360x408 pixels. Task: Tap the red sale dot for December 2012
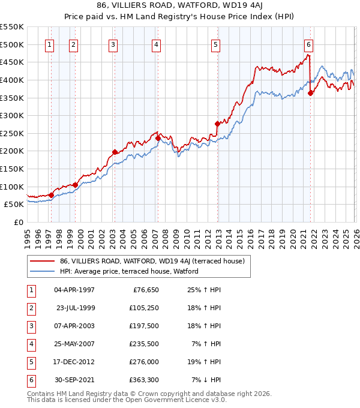[x=217, y=124]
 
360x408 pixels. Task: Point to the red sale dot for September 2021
[x=310, y=93]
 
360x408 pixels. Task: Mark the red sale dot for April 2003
[x=115, y=152]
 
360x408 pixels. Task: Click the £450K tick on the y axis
[x=12, y=62]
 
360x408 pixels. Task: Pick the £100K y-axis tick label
[x=12, y=187]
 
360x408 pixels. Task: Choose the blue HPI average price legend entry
[x=128, y=271]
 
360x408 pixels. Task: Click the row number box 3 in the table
[x=32, y=326]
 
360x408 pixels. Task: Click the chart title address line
[x=179, y=6]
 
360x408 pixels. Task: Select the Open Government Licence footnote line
[x=127, y=400]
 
